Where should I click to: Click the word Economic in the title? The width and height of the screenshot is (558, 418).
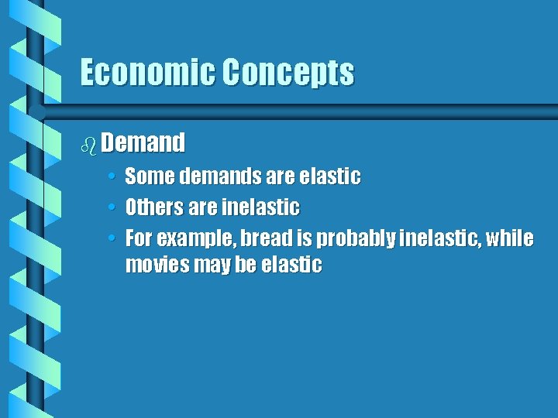coord(147,73)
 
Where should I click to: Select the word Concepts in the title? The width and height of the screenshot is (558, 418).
coord(288,73)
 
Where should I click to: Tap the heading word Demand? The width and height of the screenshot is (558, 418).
coord(143,142)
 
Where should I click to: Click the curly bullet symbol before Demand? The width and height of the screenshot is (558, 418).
coord(88,143)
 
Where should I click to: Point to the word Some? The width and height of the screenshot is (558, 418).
coord(150,177)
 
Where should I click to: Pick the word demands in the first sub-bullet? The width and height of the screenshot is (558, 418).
coord(219,177)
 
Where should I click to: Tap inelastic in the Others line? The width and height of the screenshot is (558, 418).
coord(260,207)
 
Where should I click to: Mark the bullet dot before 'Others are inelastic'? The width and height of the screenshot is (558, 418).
coord(112,208)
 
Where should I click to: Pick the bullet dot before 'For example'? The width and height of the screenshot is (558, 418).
coord(112,238)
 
